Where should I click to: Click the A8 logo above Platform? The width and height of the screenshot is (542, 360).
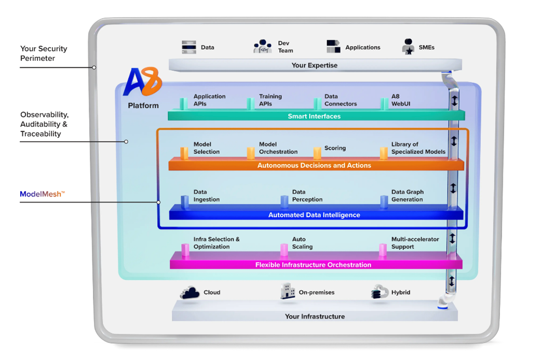pos(143,82)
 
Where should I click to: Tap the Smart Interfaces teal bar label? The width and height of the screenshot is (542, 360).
pos(314,116)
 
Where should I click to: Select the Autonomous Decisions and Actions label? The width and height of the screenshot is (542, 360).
pos(314,165)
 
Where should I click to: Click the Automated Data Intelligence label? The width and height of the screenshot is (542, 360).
pos(314,215)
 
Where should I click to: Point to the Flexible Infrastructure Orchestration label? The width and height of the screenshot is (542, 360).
pos(313,264)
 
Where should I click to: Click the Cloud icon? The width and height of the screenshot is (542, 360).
pos(190,292)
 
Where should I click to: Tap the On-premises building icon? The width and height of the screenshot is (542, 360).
pos(288,291)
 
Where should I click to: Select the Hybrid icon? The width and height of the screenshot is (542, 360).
pos(380,292)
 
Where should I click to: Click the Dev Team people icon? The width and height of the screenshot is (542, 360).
pos(263,46)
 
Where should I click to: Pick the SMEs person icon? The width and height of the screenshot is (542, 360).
pos(408,46)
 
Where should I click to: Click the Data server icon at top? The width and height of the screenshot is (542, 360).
pos(189,47)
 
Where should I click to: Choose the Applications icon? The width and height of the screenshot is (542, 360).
pos(334,46)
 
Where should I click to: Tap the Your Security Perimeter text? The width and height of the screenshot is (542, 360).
pos(44,54)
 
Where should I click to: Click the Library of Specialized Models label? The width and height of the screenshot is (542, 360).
pos(418,148)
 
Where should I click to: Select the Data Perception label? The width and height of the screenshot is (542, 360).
pos(307,196)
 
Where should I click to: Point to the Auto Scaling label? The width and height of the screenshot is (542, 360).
pos(303,243)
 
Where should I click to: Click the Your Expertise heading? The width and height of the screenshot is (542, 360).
pos(315,65)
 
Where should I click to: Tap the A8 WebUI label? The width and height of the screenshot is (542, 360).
pos(401,100)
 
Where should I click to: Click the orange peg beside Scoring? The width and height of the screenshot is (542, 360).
pos(317,153)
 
